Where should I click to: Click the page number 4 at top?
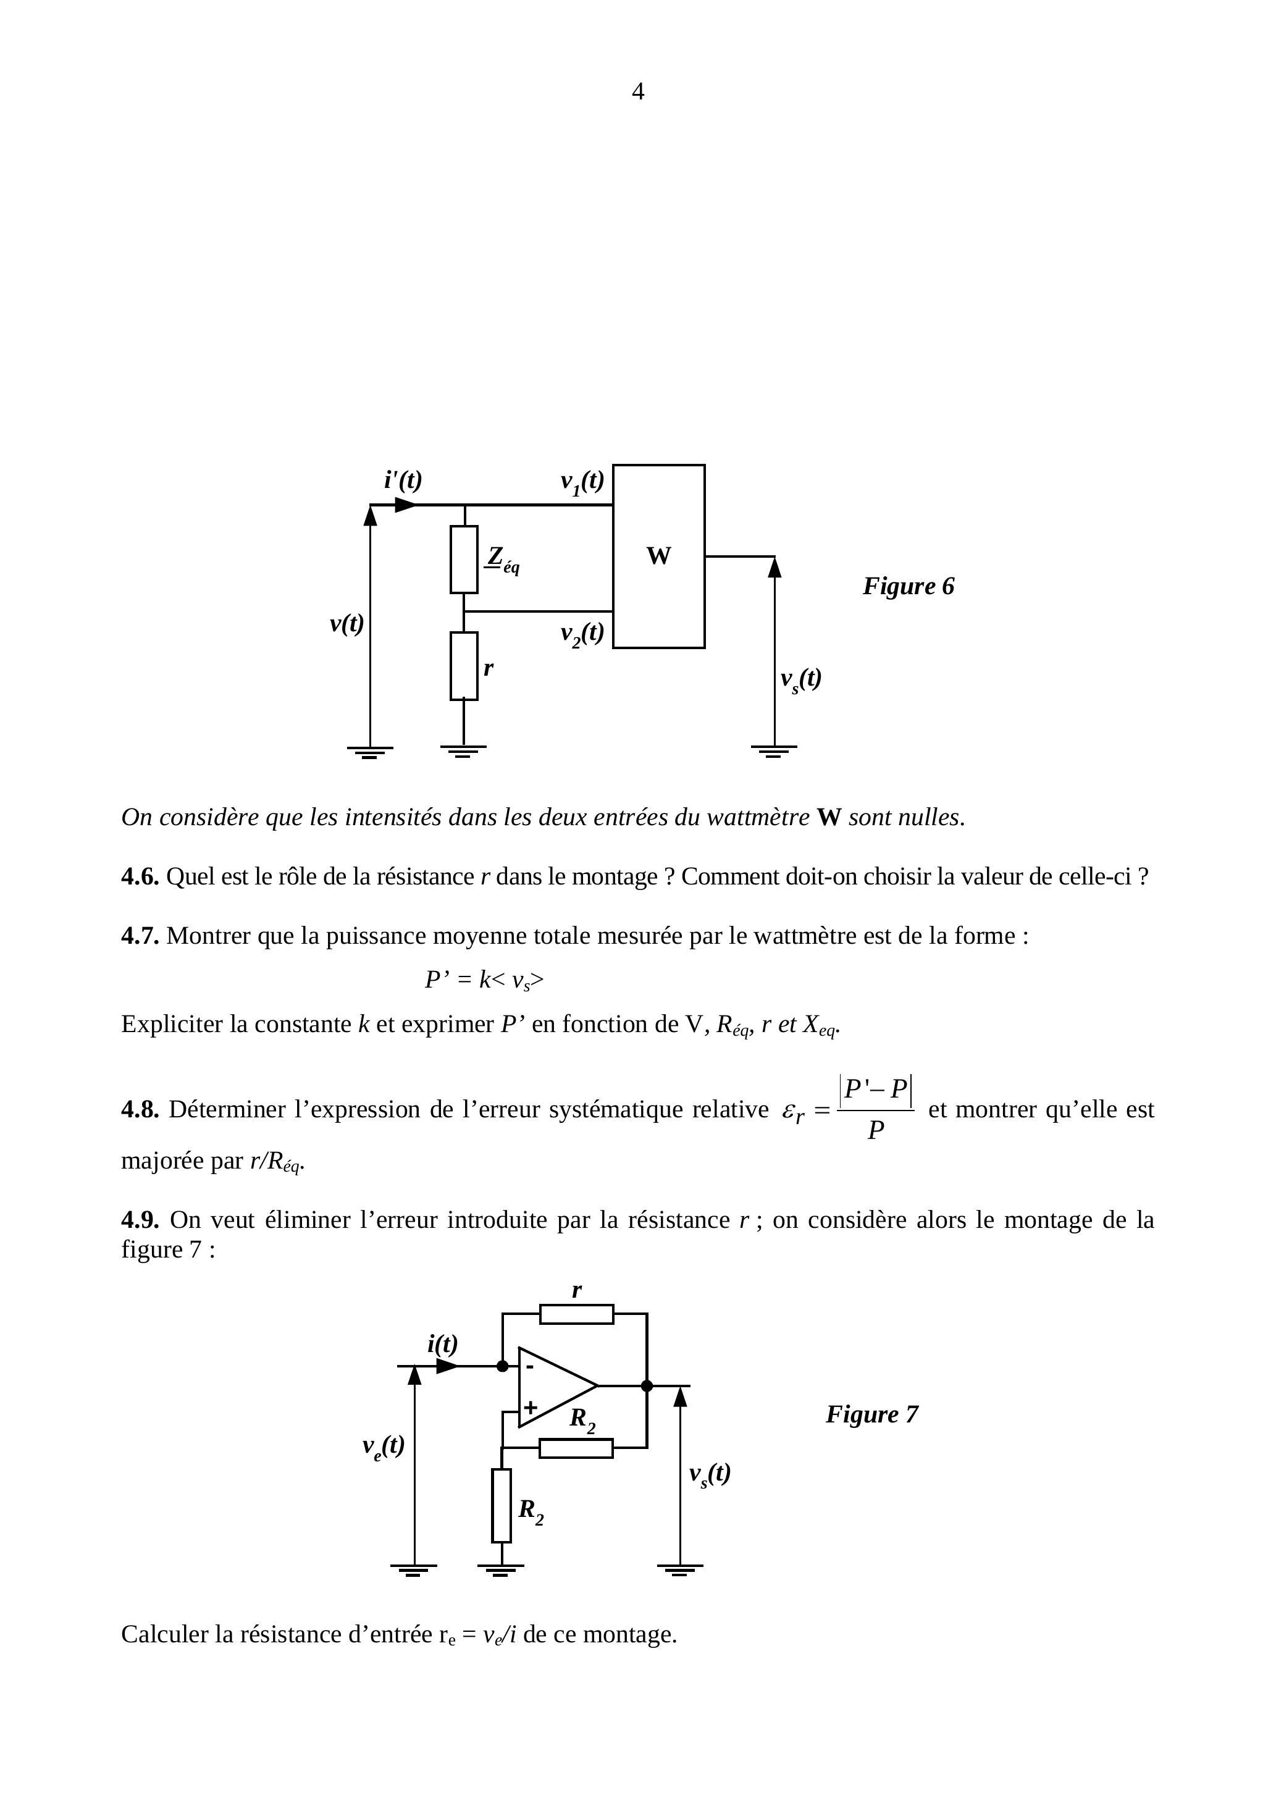coord(638,92)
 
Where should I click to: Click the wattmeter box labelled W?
coord(658,556)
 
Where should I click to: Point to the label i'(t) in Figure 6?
coord(403,480)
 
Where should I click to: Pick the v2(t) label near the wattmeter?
coord(581,633)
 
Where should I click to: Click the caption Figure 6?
coord(908,586)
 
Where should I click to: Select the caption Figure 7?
coord(871,1414)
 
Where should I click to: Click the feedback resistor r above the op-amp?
coord(577,1314)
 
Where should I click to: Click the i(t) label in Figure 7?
coord(442,1344)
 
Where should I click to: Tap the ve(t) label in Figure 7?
coord(383,1446)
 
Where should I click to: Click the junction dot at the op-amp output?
coord(647,1386)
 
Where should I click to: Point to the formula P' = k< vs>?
coord(484,980)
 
